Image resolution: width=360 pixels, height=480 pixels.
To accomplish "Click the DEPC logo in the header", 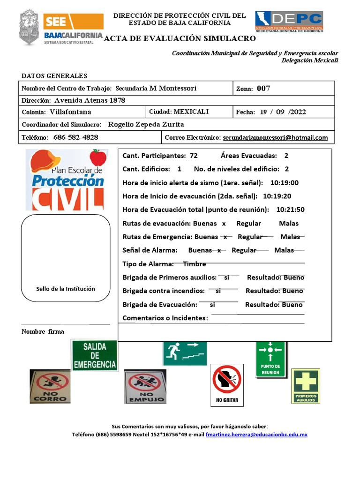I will [x=289, y=21].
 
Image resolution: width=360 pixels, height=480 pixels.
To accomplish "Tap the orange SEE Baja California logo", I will [x=73, y=28].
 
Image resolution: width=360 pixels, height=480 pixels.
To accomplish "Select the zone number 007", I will [x=263, y=89].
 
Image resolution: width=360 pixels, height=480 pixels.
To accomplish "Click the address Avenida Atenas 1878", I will [x=90, y=100].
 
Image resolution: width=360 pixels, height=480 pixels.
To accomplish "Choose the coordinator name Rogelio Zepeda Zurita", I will [x=146, y=124].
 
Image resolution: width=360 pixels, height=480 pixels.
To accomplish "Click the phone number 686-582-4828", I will [x=75, y=137].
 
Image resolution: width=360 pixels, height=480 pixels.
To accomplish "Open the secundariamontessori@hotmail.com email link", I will [x=275, y=138].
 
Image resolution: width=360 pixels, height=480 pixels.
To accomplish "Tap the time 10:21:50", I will [x=291, y=210].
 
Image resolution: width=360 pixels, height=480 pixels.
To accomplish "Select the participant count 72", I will [x=194, y=156].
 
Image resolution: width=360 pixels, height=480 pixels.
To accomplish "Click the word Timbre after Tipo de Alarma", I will [x=195, y=264].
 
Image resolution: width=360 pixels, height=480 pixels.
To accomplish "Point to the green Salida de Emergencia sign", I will [x=94, y=355].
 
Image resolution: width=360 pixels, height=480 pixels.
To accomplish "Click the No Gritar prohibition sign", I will [x=227, y=385].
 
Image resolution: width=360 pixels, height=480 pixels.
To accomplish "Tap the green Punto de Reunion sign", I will [x=270, y=359].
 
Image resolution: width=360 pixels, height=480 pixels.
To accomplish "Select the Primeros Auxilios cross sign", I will [x=306, y=385].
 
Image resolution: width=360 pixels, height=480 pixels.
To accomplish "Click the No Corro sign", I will [x=50, y=386].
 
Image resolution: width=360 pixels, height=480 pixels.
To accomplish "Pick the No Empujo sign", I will [x=145, y=386].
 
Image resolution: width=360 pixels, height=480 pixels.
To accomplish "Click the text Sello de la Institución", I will [x=66, y=289].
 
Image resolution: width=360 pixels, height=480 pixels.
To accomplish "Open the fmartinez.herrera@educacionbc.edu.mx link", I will [x=256, y=435].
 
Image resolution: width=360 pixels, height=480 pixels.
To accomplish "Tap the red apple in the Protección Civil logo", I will [x=98, y=157].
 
